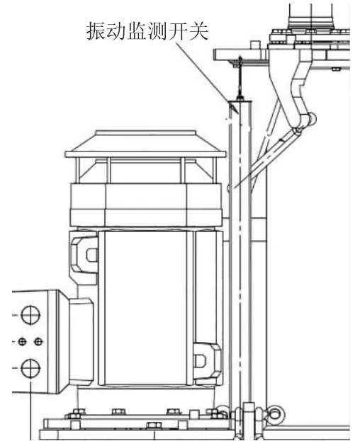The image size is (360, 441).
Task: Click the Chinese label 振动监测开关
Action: click(x=147, y=30)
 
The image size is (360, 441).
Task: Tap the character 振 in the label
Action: click(x=96, y=31)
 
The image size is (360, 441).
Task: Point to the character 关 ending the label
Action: click(x=198, y=30)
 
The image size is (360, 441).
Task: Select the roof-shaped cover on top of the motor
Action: click(x=145, y=144)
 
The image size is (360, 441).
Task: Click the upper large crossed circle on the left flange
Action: click(x=30, y=315)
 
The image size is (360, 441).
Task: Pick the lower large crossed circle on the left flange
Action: click(x=30, y=368)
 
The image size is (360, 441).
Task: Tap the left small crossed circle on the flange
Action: click(x=22, y=342)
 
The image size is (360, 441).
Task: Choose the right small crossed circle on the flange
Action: click(x=38, y=342)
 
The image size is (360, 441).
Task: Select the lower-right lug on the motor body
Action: click(x=207, y=361)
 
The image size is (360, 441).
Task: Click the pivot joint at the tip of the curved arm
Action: click(x=311, y=119)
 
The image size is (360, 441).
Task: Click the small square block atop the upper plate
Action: click(x=255, y=45)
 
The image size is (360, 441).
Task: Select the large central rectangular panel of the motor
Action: click(x=145, y=307)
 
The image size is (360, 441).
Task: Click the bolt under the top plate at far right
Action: click(x=335, y=69)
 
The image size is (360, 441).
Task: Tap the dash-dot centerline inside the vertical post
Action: click(x=240, y=248)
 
